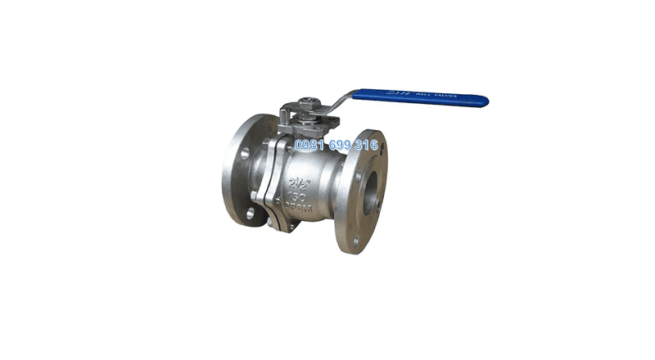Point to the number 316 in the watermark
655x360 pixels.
click(x=365, y=146)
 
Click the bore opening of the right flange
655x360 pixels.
click(x=371, y=191)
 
